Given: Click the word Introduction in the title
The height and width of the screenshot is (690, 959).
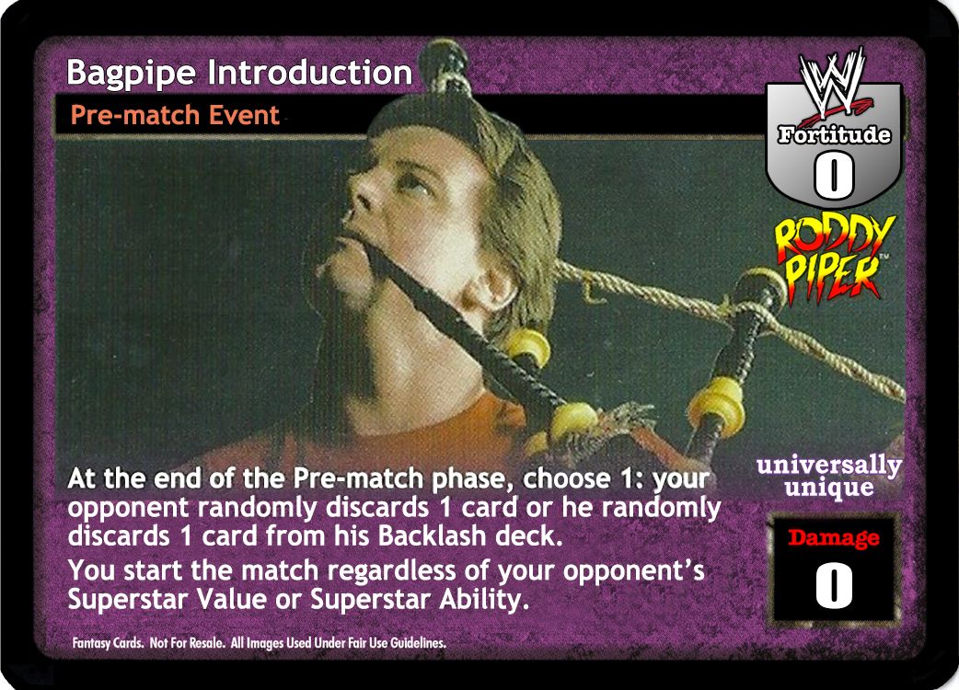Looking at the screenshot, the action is tap(310, 72).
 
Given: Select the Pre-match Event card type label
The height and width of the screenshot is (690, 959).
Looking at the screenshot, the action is tap(175, 115).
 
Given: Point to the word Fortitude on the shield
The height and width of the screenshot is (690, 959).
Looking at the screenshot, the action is tap(834, 133).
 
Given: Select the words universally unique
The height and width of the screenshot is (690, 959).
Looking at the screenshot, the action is tap(828, 476).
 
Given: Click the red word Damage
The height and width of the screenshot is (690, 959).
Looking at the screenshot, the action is tap(833, 537).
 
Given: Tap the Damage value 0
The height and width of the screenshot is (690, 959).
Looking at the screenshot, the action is tap(834, 585).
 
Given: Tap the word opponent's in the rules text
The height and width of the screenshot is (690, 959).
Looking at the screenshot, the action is tap(633, 571).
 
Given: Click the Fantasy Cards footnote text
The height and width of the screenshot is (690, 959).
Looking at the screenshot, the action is tap(260, 643).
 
